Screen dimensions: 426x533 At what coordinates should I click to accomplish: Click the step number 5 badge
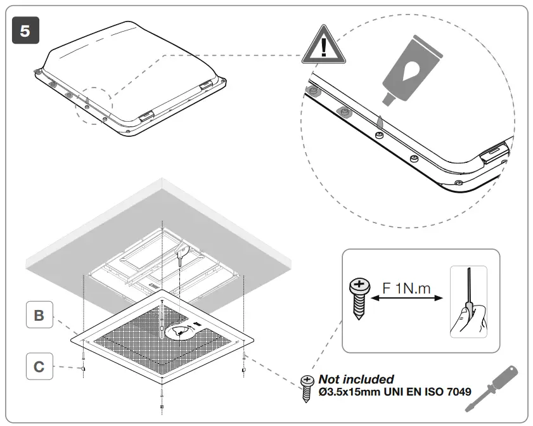point(25,30)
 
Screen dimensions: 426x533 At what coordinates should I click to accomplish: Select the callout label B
point(39,315)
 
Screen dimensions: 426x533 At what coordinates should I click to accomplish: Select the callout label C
point(39,367)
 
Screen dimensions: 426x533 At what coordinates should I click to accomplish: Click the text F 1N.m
point(406,289)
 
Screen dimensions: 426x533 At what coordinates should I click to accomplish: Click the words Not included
point(356,379)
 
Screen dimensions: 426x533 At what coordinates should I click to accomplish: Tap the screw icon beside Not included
point(308,384)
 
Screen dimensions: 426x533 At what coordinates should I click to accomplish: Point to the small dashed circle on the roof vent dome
point(93,105)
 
